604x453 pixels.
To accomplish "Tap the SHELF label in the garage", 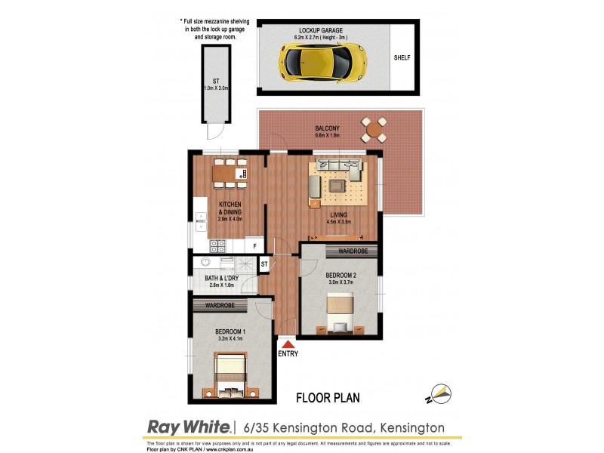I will [x=401, y=58].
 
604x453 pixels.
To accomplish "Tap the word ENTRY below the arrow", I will [x=288, y=354].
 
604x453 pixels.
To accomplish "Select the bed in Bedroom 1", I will [x=229, y=375].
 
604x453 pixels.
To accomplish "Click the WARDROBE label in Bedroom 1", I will [x=219, y=306].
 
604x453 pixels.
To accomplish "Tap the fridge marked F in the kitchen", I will [x=255, y=245].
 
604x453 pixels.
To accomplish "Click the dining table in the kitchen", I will [x=230, y=174].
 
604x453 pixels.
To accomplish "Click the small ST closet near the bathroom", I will [x=263, y=264].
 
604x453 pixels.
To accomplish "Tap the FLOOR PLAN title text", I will [x=327, y=396].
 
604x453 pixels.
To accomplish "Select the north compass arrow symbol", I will [x=440, y=393].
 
